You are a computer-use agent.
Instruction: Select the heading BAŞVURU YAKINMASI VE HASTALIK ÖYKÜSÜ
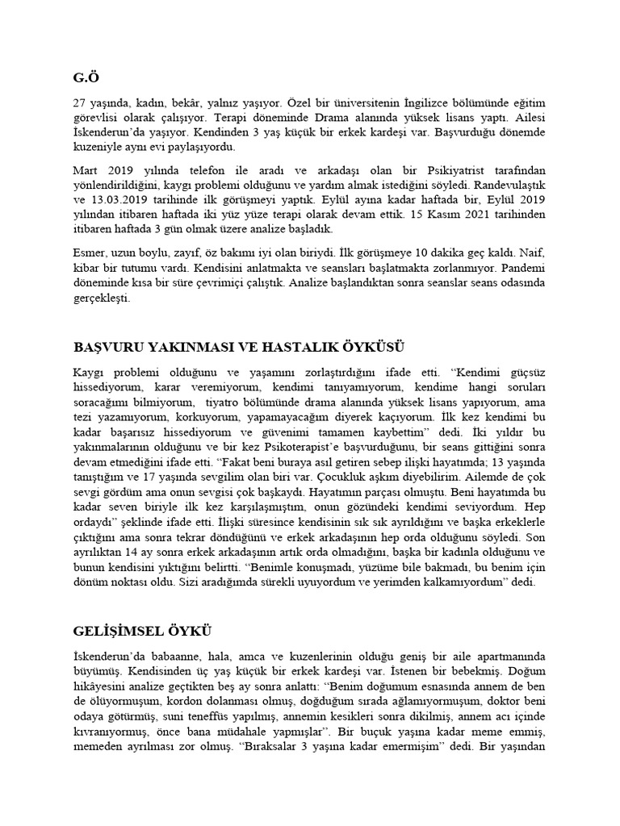[x=237, y=347]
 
